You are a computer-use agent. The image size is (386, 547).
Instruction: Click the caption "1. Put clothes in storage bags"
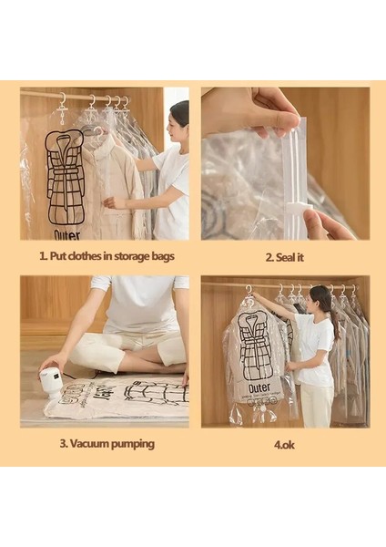click(x=107, y=256)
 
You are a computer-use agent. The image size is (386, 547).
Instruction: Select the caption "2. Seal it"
click(x=283, y=257)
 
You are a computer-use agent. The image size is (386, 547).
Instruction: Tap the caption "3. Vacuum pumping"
click(x=107, y=444)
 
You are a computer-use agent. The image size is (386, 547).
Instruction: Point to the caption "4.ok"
click(x=282, y=444)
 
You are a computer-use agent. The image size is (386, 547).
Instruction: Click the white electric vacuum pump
click(x=51, y=381)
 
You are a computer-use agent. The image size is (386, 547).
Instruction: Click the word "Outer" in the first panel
click(x=66, y=234)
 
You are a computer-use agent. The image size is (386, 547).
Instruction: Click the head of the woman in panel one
click(x=179, y=114)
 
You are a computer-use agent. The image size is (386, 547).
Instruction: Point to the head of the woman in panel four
click(x=320, y=299)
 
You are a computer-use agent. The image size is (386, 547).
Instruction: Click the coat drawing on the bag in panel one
click(x=65, y=177)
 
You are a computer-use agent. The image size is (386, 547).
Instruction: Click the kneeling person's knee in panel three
click(x=87, y=350)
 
